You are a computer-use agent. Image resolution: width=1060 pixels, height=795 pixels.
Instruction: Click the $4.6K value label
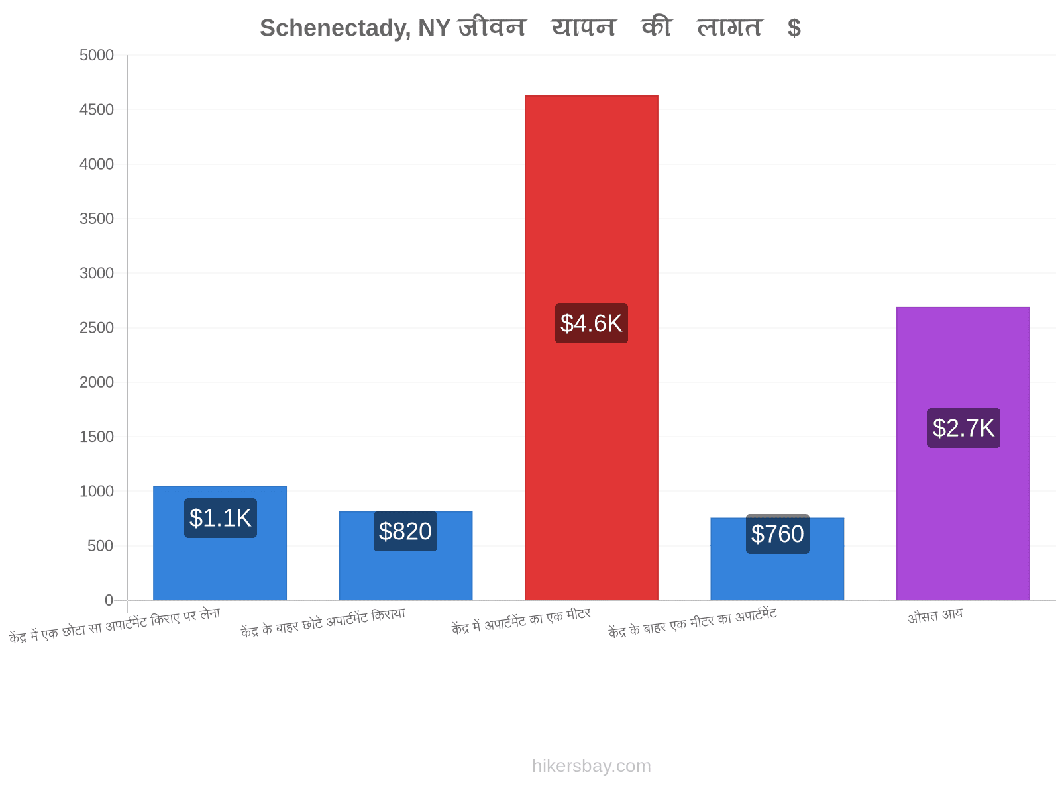coord(591,323)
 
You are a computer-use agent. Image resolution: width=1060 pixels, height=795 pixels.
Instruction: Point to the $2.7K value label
coord(963,428)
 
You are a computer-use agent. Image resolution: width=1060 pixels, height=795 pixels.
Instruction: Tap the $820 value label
coord(405,531)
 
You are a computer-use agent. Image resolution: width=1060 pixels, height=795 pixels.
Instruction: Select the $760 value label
coord(778,534)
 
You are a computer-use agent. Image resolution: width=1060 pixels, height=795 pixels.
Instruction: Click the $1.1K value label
coord(220,518)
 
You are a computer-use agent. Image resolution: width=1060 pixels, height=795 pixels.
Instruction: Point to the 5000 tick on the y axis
coord(97,55)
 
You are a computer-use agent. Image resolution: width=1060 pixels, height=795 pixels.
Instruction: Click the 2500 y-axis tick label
coord(97,328)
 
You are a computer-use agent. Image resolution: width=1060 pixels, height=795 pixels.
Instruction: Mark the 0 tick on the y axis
coord(109,600)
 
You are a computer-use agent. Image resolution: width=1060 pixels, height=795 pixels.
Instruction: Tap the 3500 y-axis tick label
coord(97,219)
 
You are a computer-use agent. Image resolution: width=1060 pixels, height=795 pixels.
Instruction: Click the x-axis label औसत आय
coord(935,616)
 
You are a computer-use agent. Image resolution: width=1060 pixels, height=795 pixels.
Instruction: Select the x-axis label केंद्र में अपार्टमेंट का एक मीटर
coord(521,621)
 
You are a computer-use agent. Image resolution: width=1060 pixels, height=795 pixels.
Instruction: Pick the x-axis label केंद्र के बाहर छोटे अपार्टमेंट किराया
coord(323,623)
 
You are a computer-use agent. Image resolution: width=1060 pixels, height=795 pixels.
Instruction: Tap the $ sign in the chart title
coord(794,28)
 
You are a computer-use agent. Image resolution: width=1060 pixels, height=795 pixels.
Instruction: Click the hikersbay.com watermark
coord(592,766)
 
